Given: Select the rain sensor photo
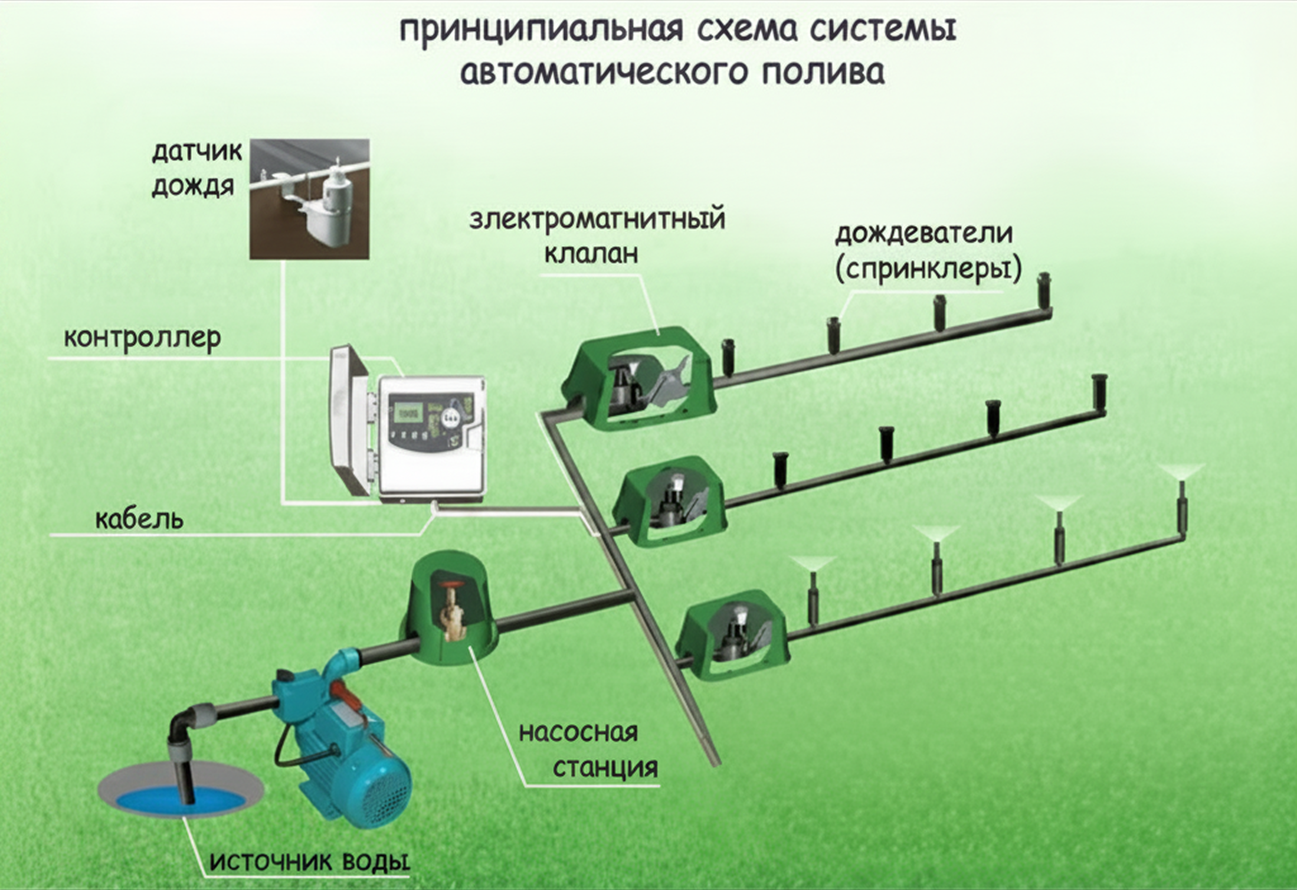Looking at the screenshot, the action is point(309,199).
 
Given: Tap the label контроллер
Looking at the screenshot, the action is point(142,338).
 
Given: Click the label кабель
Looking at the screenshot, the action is point(139,519).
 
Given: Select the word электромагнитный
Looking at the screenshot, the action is point(597,219).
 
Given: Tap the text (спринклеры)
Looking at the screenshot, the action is point(928,269).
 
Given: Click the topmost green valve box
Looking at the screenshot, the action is point(639,378).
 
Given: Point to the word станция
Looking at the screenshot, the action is point(605,768).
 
